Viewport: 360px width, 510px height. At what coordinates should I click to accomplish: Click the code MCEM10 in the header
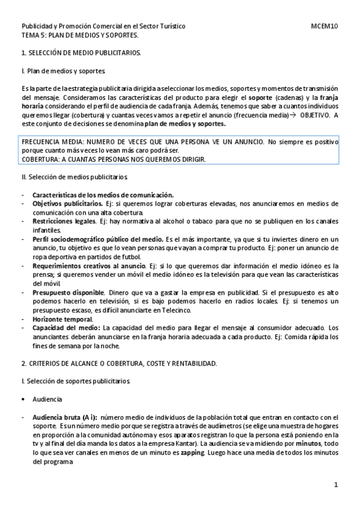coord(325,26)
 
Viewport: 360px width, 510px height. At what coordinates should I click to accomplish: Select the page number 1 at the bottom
coord(337,485)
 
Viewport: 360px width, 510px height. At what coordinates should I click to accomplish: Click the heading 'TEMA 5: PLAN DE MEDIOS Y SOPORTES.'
coord(80,35)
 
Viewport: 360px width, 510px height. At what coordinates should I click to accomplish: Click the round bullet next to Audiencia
coord(23,399)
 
